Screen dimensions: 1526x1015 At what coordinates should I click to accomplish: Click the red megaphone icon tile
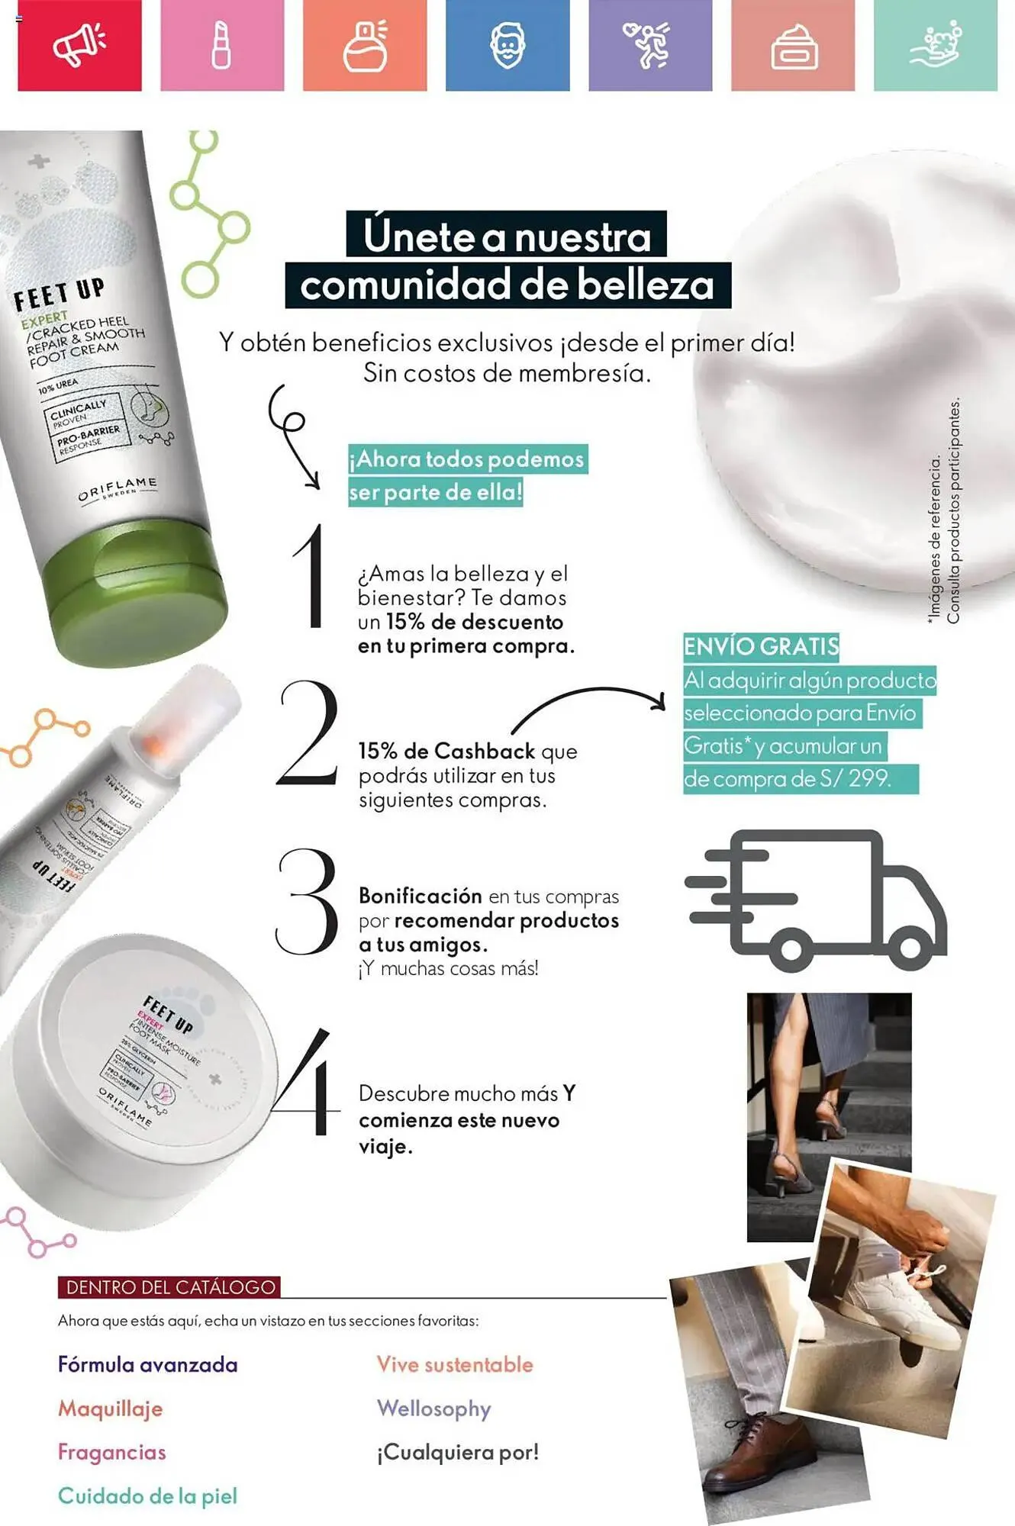pos(79,45)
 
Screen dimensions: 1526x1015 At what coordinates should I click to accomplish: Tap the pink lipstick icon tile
pos(221,45)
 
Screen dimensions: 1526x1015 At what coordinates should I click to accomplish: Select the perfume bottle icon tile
pos(365,45)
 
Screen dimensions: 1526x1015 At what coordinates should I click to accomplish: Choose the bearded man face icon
pos(507,45)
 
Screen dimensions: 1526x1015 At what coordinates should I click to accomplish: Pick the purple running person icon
pos(649,45)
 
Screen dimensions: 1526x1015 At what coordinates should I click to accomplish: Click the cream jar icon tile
pos(793,45)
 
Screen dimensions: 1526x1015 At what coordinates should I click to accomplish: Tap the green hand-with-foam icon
pos(936,45)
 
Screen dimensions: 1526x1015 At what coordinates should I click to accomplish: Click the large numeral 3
pos(307,902)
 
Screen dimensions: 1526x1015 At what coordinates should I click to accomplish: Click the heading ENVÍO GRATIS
pos(761,646)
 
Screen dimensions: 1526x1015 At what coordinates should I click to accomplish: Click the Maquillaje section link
pos(111,1408)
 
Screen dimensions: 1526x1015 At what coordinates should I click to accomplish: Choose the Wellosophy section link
pos(433,1408)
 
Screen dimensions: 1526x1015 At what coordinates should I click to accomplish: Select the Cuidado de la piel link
pos(147,1496)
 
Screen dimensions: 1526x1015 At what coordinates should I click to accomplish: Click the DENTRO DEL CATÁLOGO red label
pos(169,1287)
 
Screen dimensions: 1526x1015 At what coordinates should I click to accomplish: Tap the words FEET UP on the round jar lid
pos(169,1015)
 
